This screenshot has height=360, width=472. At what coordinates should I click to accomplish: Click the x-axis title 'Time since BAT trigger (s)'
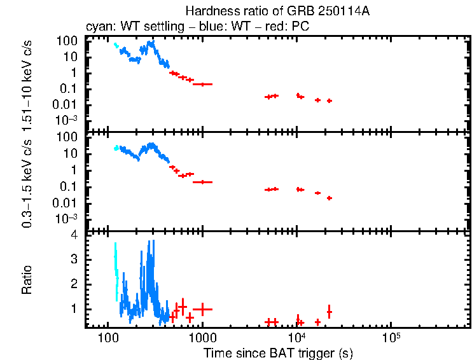pyautogui.click(x=278, y=352)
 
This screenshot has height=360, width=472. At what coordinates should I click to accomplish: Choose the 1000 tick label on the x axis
pyautogui.click(x=202, y=338)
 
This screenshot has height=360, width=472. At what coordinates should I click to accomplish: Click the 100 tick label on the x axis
pyautogui.click(x=108, y=338)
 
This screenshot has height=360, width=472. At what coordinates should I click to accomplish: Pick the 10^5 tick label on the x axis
pyautogui.click(x=391, y=337)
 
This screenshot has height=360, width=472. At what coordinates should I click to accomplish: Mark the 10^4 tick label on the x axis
pyautogui.click(x=296, y=337)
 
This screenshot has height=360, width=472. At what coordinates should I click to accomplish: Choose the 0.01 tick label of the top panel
pyautogui.click(x=68, y=105)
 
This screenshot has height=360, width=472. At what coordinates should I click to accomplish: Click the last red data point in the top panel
pyautogui.click(x=329, y=100)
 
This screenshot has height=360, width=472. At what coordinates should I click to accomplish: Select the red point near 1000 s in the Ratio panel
pyautogui.click(x=202, y=308)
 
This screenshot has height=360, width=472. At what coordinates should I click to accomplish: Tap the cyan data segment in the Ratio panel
pyautogui.click(x=116, y=267)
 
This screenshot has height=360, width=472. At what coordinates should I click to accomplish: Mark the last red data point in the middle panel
pyautogui.click(x=329, y=198)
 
